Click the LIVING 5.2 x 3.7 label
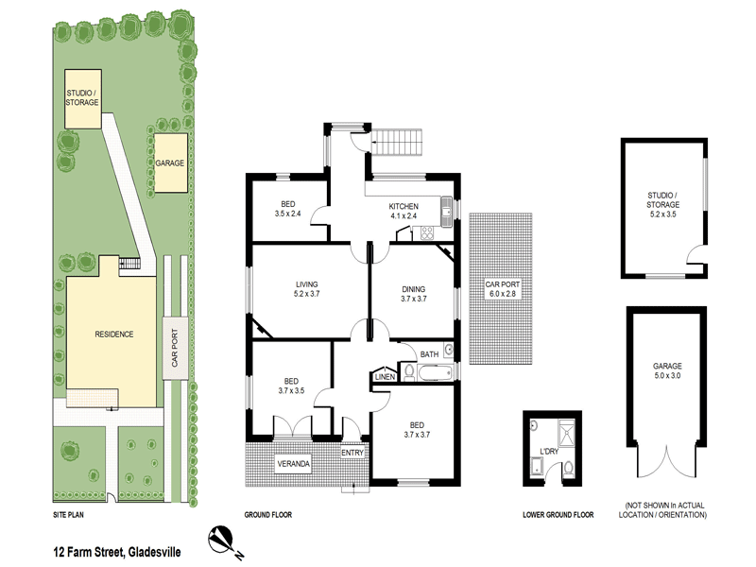pyautogui.click(x=305, y=289)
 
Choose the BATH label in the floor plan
pyautogui.click(x=429, y=354)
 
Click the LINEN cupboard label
pyautogui.click(x=384, y=377)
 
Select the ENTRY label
pyautogui.click(x=352, y=453)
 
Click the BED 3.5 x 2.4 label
pyautogui.click(x=286, y=210)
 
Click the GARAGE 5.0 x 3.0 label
pyautogui.click(x=666, y=370)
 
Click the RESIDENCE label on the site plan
pyautogui.click(x=112, y=334)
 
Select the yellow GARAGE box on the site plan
pyautogui.click(x=170, y=163)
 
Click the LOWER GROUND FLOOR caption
pyautogui.click(x=558, y=515)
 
